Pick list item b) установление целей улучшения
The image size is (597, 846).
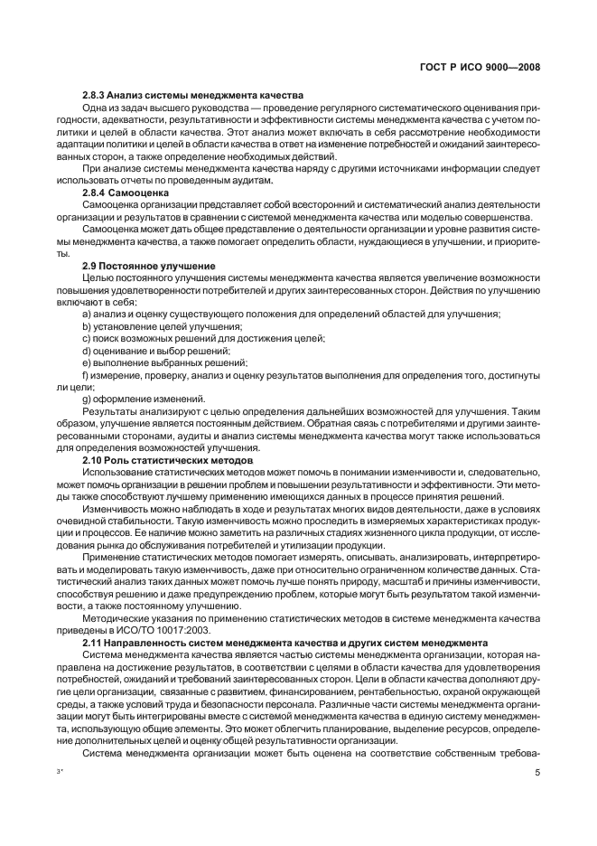pos(163,325)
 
